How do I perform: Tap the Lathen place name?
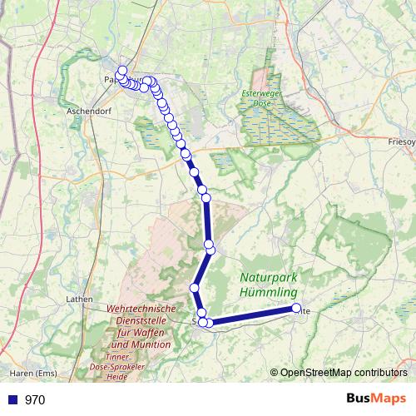click(79, 298)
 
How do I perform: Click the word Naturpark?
click(270, 277)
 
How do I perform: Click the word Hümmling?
click(268, 293)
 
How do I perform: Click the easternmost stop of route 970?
click(296, 309)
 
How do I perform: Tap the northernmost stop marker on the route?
click(122, 71)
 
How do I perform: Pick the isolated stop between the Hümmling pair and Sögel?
click(195, 288)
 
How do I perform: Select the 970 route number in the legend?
click(35, 399)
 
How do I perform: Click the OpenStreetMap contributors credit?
click(343, 372)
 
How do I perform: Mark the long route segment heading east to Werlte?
click(253, 316)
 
